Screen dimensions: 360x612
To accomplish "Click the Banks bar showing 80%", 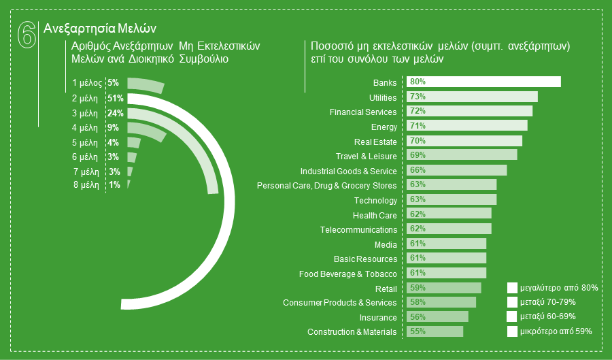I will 483,82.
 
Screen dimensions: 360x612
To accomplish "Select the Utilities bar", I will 472,97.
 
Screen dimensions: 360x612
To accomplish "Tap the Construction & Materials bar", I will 435,331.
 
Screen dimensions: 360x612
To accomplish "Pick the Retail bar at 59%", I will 443,288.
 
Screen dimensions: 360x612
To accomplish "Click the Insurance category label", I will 377,318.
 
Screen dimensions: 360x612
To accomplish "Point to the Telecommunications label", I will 358,230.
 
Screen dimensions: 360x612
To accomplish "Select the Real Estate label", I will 375,142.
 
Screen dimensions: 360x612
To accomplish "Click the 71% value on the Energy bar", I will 418,126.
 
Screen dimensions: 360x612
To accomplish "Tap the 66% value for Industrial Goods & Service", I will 418,170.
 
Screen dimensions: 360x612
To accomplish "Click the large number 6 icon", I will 25,35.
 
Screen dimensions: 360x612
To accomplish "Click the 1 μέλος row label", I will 86,83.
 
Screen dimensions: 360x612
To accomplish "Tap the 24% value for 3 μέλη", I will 115,113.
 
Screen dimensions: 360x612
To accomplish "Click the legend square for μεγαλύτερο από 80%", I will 512,288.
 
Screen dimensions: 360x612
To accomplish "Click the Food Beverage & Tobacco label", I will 347,274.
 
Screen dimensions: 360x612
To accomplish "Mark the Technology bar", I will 452,199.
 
